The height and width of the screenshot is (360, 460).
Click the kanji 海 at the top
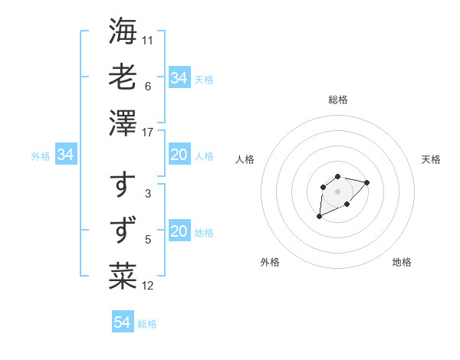[x=123, y=31]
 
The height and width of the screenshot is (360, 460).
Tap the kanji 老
[x=123, y=77]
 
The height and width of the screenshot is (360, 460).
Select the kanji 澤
[x=123, y=123]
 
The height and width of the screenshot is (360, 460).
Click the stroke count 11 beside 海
[x=148, y=39]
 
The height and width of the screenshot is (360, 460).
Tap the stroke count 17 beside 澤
[x=149, y=133]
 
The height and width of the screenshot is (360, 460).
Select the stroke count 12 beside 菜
[x=148, y=286]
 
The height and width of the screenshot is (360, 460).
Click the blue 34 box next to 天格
[x=179, y=78]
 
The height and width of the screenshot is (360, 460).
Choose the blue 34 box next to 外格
[x=66, y=155]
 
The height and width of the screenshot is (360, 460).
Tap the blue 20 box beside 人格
[x=179, y=155]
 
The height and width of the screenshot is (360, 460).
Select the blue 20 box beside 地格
[x=179, y=232]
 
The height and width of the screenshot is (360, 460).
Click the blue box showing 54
[x=123, y=322]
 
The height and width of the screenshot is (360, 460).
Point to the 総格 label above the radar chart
[x=337, y=100]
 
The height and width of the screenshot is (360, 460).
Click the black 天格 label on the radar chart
[x=431, y=159]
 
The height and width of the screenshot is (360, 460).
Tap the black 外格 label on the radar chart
[x=270, y=262]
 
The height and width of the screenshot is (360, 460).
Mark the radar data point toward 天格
[x=366, y=182]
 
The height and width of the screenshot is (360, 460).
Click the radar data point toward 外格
[x=319, y=217]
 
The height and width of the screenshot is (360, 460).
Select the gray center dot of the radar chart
[x=337, y=191]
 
